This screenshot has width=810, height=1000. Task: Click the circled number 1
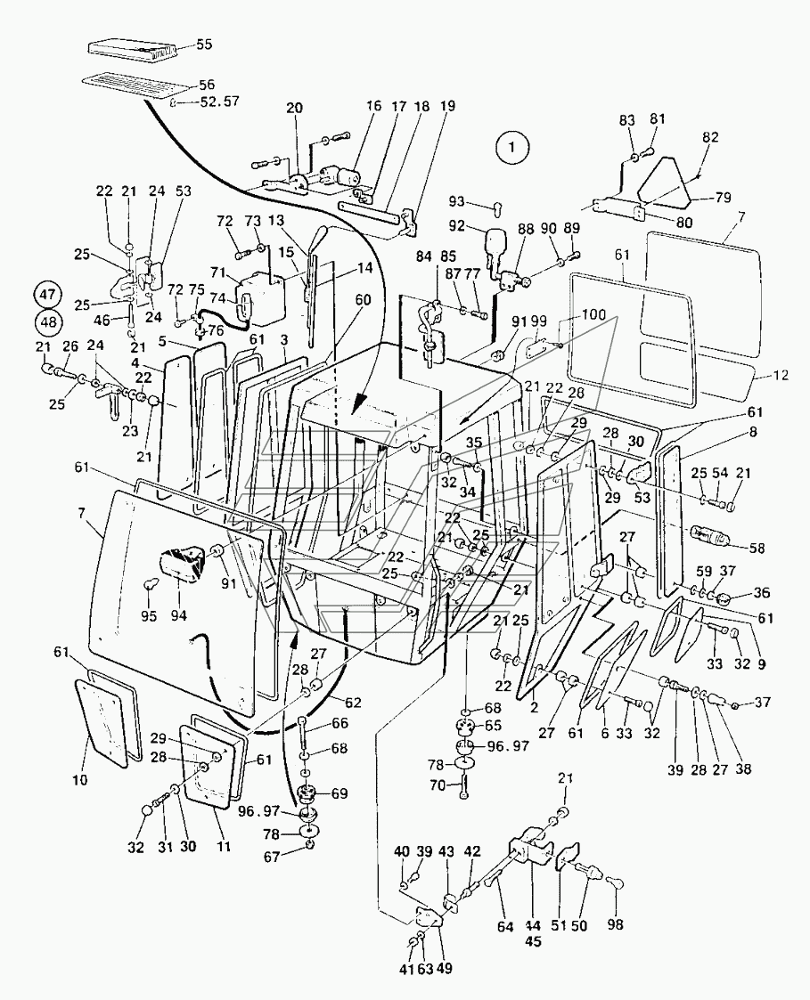pyautogui.click(x=511, y=148)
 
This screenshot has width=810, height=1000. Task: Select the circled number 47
pyautogui.click(x=49, y=296)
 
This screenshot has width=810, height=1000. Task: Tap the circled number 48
pyautogui.click(x=49, y=322)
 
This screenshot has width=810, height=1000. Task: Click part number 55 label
pyautogui.click(x=204, y=45)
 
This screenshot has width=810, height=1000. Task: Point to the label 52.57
pyautogui.click(x=220, y=102)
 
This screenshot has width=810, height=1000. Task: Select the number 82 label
pyautogui.click(x=710, y=137)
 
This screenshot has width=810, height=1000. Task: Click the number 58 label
pyautogui.click(x=757, y=548)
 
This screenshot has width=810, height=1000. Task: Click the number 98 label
pyautogui.click(x=616, y=924)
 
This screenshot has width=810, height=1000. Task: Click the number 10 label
pyautogui.click(x=80, y=779)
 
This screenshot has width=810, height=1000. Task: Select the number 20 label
pyautogui.click(x=294, y=108)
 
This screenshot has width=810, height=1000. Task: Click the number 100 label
pyautogui.click(x=593, y=315)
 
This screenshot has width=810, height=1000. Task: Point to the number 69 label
pyautogui.click(x=340, y=793)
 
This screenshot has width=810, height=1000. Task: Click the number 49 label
pyautogui.click(x=445, y=968)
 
